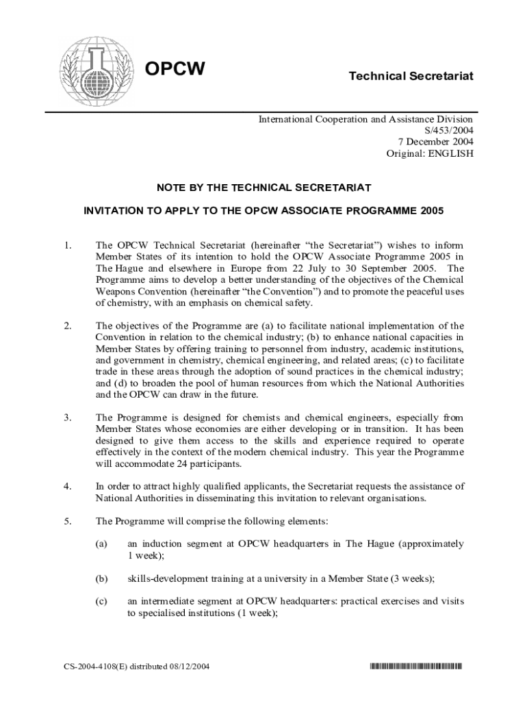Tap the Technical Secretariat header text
click(x=411, y=75)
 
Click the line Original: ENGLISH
click(x=430, y=154)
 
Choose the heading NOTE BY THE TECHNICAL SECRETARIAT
click(x=263, y=187)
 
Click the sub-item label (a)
click(x=101, y=544)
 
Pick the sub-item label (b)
click(x=101, y=578)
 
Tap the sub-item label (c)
click(x=101, y=602)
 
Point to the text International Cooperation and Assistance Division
click(x=365, y=119)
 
